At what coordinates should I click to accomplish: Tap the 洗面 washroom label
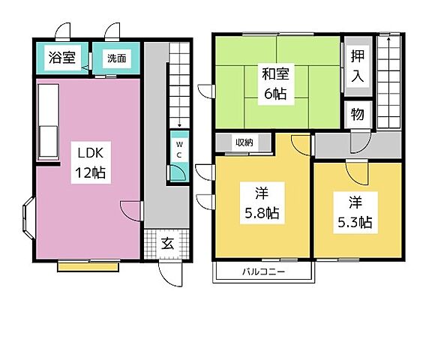click(115, 58)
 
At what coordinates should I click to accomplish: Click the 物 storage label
click(358, 114)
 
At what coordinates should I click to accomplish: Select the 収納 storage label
click(243, 142)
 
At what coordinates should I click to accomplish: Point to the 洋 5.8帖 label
click(261, 202)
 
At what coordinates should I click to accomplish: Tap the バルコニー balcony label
click(262, 271)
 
